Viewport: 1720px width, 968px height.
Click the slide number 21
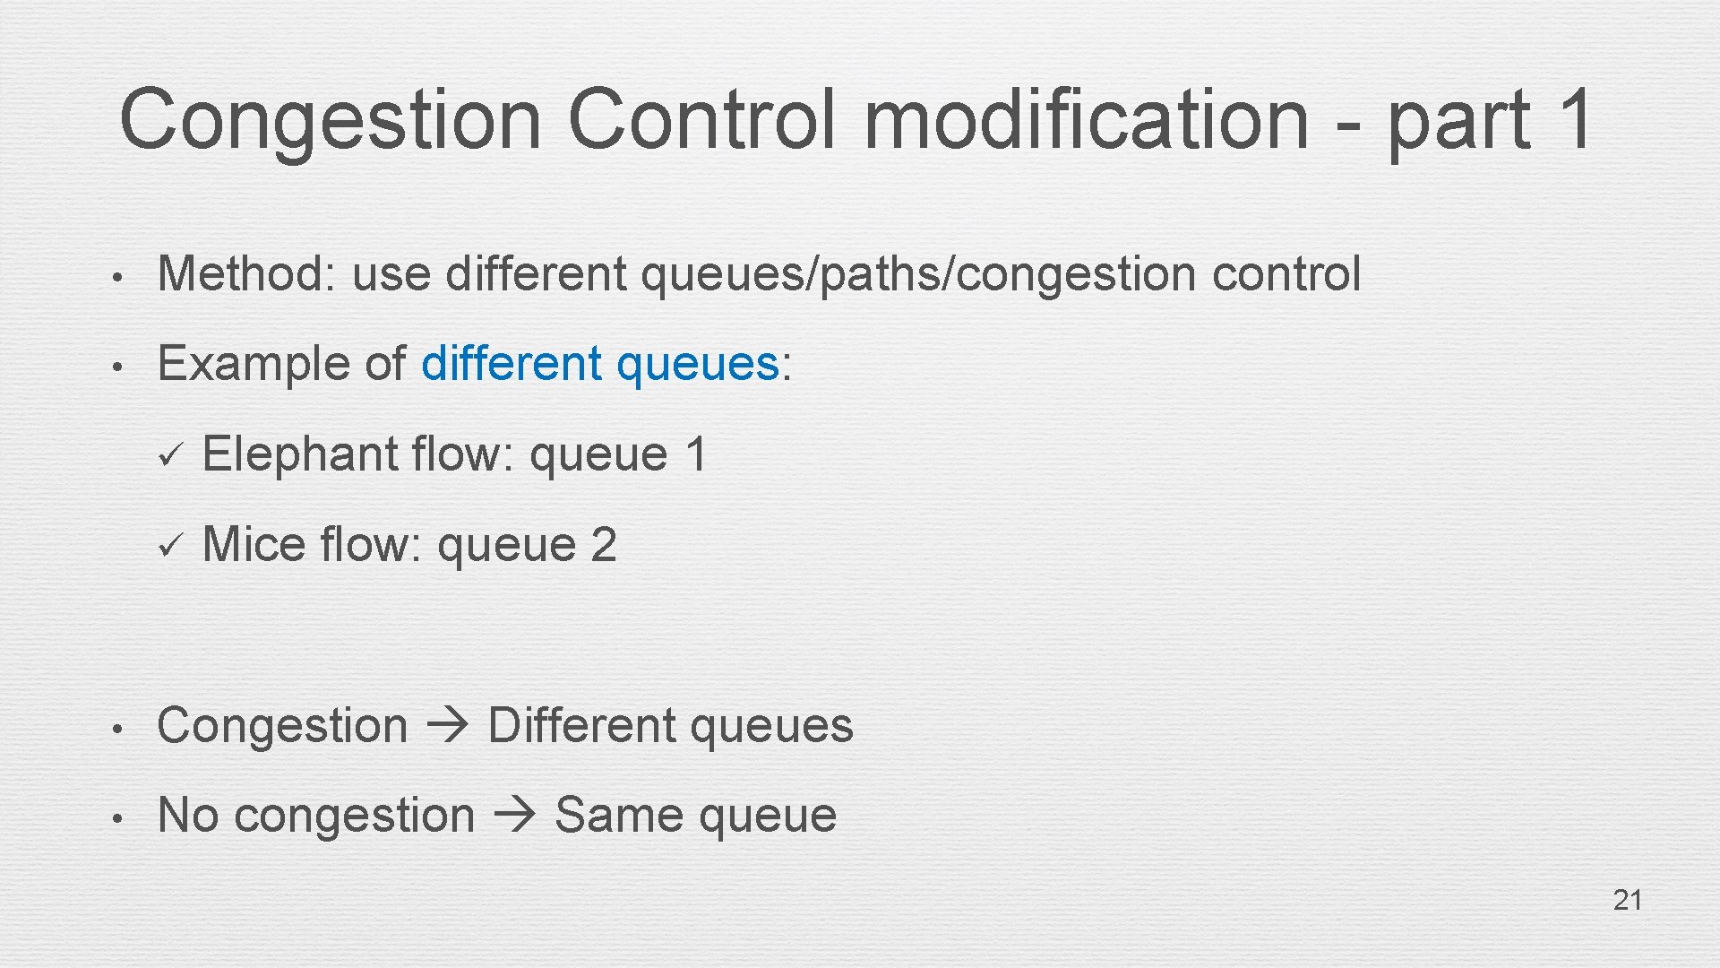point(1627,900)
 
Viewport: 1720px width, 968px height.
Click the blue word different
point(511,363)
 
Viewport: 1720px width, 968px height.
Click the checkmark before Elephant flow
point(169,455)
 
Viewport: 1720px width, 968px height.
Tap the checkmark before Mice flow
point(169,545)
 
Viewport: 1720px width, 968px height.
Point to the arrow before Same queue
point(514,815)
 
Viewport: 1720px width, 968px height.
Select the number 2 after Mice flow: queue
point(603,544)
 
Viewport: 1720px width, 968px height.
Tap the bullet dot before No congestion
point(116,817)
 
